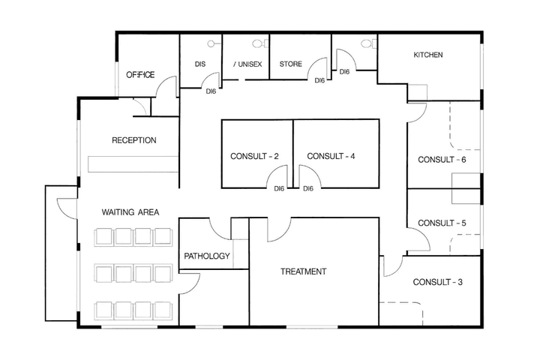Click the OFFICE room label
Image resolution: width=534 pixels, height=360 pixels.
[140, 75]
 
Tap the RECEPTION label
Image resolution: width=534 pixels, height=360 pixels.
[134, 140]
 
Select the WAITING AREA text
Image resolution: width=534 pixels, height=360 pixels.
[130, 212]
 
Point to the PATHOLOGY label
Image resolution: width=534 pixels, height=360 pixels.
[207, 256]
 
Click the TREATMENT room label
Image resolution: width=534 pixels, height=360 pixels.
[303, 271]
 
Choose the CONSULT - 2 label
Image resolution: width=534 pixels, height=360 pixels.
[254, 157]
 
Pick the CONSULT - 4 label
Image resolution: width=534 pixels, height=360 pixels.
[331, 157]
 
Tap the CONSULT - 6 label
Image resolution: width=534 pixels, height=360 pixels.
[442, 160]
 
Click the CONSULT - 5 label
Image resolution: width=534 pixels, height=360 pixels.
[442, 223]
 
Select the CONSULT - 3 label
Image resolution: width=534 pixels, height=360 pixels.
[437, 282]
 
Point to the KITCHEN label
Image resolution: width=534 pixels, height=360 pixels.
[428, 55]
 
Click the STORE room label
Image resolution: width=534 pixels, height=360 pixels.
[291, 64]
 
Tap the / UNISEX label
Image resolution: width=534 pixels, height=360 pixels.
[247, 64]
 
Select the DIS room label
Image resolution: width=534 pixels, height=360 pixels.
[199, 64]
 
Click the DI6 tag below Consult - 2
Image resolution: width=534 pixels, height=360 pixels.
[279, 188]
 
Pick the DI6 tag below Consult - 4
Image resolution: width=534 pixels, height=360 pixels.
[307, 188]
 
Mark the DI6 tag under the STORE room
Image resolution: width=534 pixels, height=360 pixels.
[319, 79]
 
